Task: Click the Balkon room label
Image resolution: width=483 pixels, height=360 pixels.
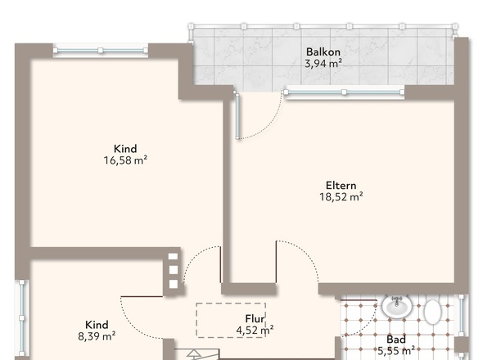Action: pos(323,52)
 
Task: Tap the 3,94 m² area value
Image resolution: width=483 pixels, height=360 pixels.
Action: pos(323,64)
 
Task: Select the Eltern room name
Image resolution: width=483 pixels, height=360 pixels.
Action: pos(341,186)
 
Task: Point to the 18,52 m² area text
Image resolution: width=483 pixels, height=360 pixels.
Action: pos(341,197)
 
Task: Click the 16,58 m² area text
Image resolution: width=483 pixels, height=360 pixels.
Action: pos(125,160)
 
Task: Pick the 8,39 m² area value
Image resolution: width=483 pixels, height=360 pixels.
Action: pos(97,336)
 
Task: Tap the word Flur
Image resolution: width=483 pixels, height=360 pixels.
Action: pos(255,319)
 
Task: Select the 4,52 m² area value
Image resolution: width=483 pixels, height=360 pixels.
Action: pos(255,331)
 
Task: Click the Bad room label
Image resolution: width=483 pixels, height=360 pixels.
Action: pos(396,340)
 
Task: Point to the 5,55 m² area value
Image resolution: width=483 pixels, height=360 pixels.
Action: pos(396,351)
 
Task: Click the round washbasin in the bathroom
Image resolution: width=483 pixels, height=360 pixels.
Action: pos(397,306)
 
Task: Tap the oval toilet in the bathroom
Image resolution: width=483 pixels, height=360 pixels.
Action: pos(432,312)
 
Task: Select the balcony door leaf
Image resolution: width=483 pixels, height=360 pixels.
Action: pos(237,116)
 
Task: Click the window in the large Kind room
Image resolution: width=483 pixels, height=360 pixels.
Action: pos(101,51)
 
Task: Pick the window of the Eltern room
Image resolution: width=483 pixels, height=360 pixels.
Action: pos(344,92)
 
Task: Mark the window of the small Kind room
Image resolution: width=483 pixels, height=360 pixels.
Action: pos(22,317)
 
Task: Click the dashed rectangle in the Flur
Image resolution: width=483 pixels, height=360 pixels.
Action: pos(231,320)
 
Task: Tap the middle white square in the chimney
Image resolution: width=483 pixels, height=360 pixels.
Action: pos(174,270)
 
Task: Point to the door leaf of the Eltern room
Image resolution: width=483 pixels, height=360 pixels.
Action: pos(276,262)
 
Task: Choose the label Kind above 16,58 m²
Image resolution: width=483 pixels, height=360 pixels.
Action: pos(125,149)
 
